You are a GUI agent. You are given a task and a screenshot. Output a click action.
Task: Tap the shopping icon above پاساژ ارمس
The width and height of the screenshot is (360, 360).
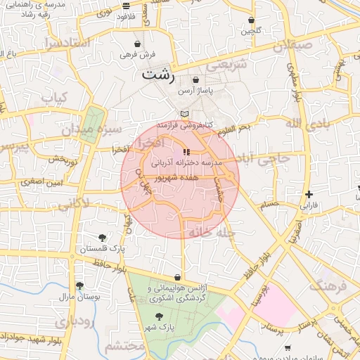coord(195,80)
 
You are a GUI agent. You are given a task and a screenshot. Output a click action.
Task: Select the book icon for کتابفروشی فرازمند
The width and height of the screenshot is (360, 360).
coord(184,114)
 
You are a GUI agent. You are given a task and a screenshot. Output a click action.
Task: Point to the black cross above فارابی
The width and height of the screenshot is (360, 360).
coord(309,194)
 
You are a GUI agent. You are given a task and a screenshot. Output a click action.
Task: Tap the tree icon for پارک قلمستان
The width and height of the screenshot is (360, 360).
coord(103,238)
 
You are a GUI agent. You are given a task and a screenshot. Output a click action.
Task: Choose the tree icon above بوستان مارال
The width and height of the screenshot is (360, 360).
coord(79,285)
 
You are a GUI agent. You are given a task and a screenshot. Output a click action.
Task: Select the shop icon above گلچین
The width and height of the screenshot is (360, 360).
coord(251,20)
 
